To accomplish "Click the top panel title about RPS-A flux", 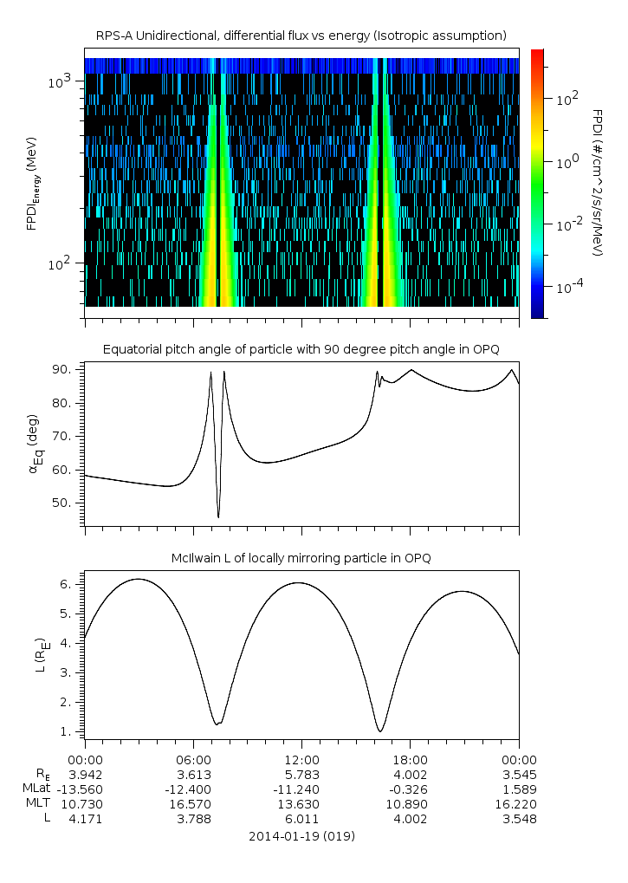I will click(x=301, y=36).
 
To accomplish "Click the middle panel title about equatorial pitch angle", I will click(x=301, y=349).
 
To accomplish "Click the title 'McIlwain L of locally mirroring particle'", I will click(x=301, y=557).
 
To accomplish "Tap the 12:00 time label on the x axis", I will click(x=301, y=758).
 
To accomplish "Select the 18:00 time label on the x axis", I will click(x=410, y=758).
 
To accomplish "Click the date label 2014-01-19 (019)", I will click(x=301, y=837).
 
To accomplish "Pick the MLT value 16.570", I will click(x=193, y=804).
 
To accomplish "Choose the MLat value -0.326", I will click(x=410, y=789).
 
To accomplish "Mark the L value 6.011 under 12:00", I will click(x=301, y=820).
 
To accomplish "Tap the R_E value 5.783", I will click(x=301, y=773).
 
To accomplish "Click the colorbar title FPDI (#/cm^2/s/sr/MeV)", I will click(x=597, y=183).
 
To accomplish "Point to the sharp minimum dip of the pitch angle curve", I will click(x=218, y=517).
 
